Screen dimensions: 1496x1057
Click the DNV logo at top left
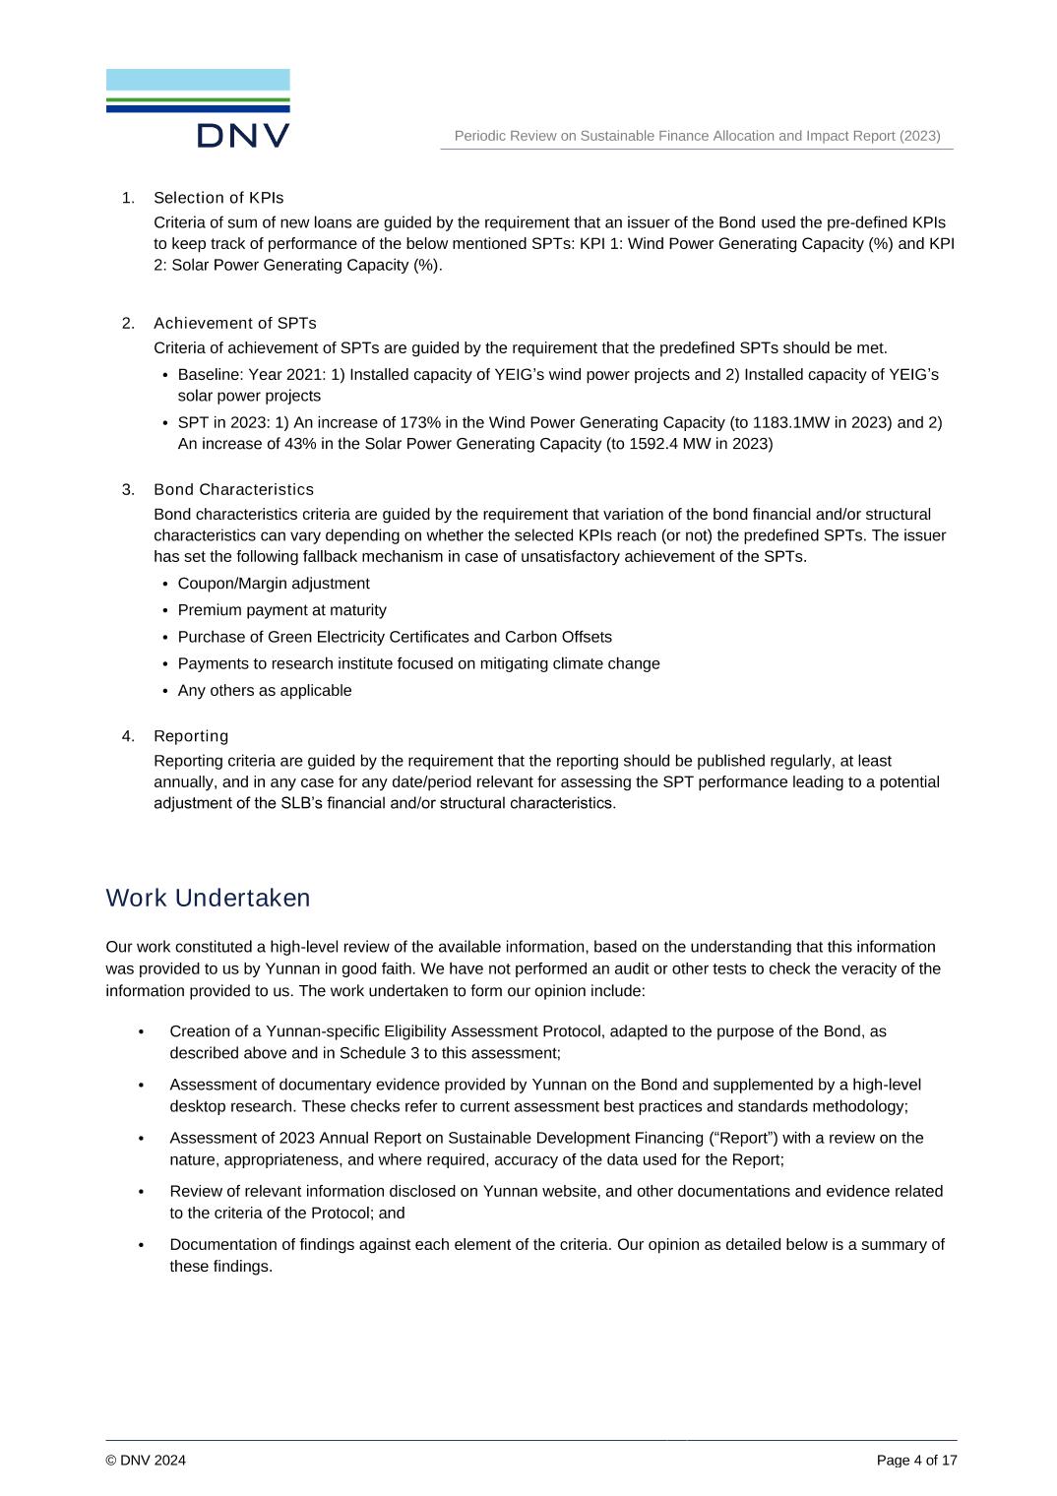click(198, 108)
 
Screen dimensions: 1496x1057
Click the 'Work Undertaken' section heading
click(208, 898)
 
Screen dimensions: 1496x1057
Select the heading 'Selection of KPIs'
click(218, 198)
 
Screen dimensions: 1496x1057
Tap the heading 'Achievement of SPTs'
click(235, 323)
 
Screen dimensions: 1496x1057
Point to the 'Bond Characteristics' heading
click(233, 489)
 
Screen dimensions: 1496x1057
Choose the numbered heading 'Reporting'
click(191, 736)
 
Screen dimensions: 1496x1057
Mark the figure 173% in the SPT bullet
click(419, 422)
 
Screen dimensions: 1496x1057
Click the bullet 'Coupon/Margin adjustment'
click(274, 584)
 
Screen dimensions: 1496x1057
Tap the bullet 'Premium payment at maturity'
click(281, 610)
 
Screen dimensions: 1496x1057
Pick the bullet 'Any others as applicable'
click(265, 691)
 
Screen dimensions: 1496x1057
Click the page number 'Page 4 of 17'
click(916, 1460)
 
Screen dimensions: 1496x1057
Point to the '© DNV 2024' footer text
click(146, 1460)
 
